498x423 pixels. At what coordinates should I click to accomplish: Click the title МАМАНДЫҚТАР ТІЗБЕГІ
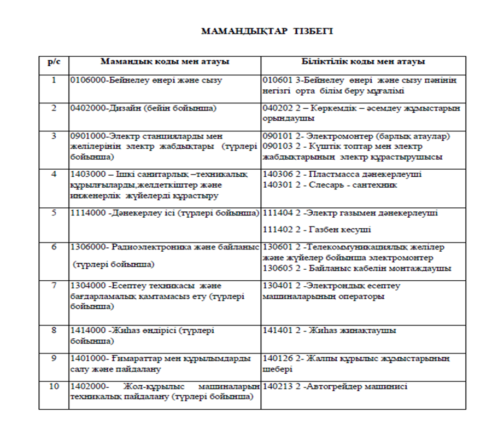(267, 31)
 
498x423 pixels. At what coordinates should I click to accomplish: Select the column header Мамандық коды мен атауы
(165, 62)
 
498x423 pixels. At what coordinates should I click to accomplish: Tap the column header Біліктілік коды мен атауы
(364, 62)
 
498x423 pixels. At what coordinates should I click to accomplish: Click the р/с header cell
(54, 62)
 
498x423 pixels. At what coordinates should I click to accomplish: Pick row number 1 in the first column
(54, 80)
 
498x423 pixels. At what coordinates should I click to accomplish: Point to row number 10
(54, 386)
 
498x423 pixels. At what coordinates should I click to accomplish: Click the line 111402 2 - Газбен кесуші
(317, 229)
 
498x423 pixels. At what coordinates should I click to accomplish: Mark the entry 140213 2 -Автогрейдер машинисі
(335, 386)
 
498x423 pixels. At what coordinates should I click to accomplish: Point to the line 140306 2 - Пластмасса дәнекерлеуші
(342, 175)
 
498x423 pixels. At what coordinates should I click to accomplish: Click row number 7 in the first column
(54, 286)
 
